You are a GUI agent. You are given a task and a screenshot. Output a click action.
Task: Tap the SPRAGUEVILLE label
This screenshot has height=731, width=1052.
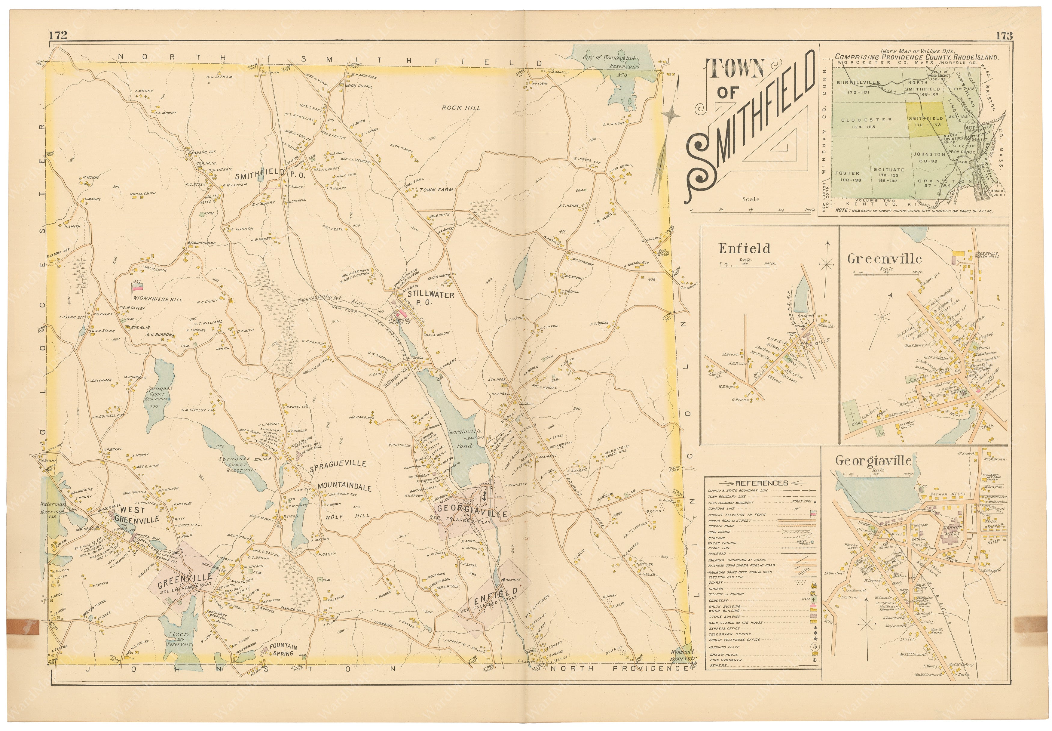pos(338,464)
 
